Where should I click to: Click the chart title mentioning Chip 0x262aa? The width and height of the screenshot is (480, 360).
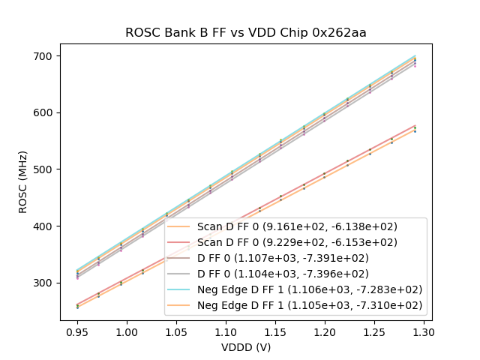[x=245, y=33]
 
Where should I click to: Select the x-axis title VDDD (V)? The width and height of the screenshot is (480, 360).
[x=246, y=347]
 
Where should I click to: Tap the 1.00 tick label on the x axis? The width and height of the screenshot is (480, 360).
[x=126, y=331]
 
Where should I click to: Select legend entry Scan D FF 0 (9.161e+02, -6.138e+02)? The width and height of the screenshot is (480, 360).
[x=297, y=226]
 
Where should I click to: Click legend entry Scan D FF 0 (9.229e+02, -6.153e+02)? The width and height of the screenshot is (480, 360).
[x=297, y=242]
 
